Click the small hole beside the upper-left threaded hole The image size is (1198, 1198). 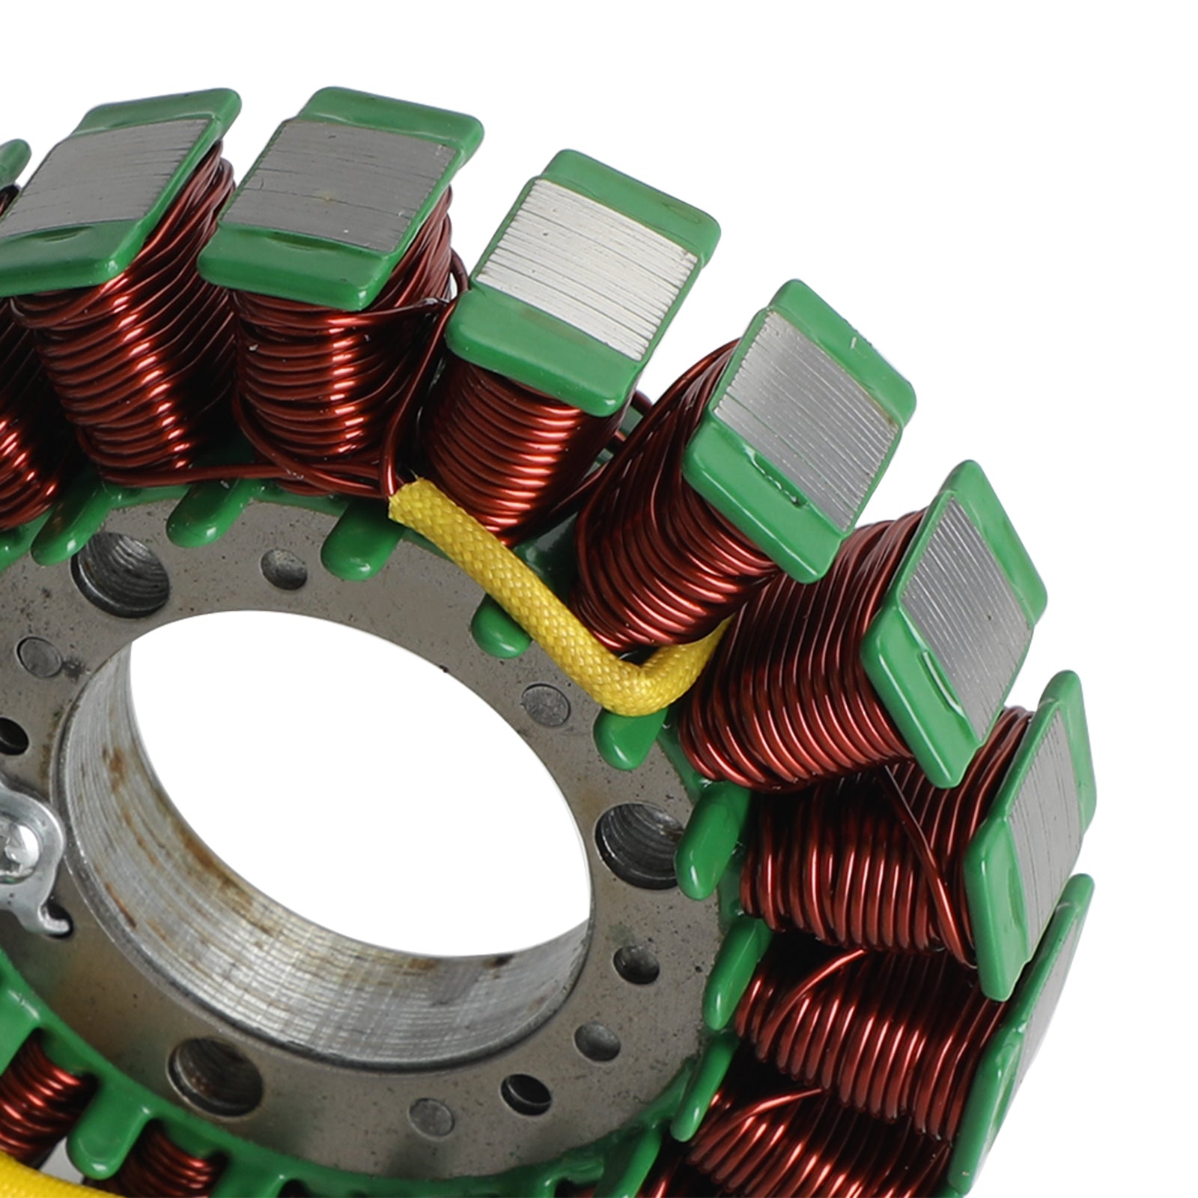[x=285, y=569]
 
